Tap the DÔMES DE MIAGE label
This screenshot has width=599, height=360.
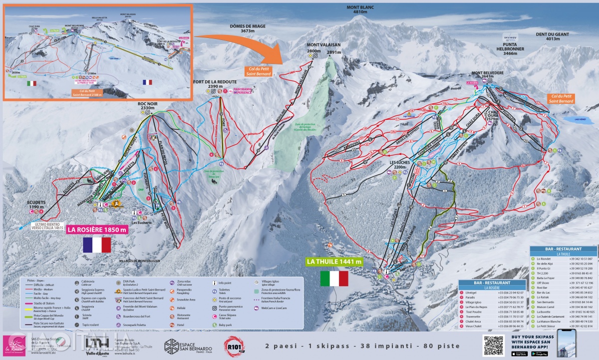[x=248, y=28]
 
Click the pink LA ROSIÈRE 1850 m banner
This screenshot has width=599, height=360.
[x=98, y=229]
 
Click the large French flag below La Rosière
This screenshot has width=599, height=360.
[x=97, y=245]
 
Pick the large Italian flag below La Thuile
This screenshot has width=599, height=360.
[x=334, y=278]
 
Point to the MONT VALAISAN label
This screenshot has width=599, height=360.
[x=323, y=44]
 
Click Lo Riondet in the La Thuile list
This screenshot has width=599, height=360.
[x=544, y=259]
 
